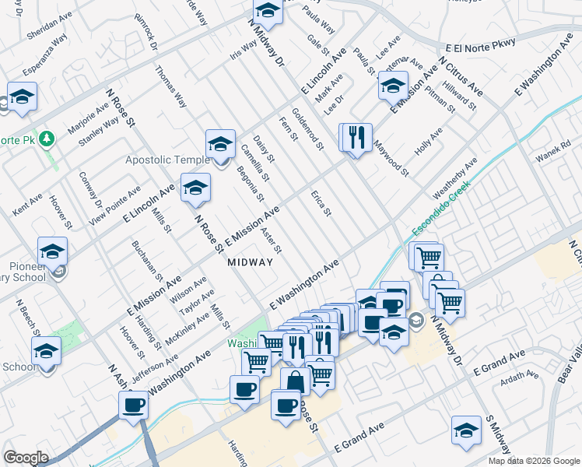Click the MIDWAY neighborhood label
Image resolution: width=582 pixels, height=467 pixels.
pyautogui.click(x=251, y=262)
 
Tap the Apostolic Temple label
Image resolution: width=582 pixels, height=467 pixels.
pyautogui.click(x=167, y=160)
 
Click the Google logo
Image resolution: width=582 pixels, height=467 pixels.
pyautogui.click(x=26, y=458)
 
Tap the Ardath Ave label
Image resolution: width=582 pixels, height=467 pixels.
pyautogui.click(x=519, y=375)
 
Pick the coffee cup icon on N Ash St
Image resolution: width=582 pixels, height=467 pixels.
pyautogui.click(x=134, y=405)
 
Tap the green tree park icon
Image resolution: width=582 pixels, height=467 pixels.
pyautogui.click(x=48, y=139)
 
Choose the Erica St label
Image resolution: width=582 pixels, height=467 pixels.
pyautogui.click(x=321, y=202)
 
